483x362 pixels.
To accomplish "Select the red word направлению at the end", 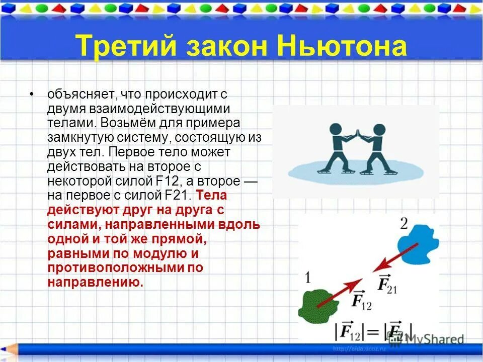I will tap(95, 282).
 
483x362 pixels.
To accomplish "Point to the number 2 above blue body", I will tap(404, 223).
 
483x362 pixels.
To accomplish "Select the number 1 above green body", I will tap(308, 277).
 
